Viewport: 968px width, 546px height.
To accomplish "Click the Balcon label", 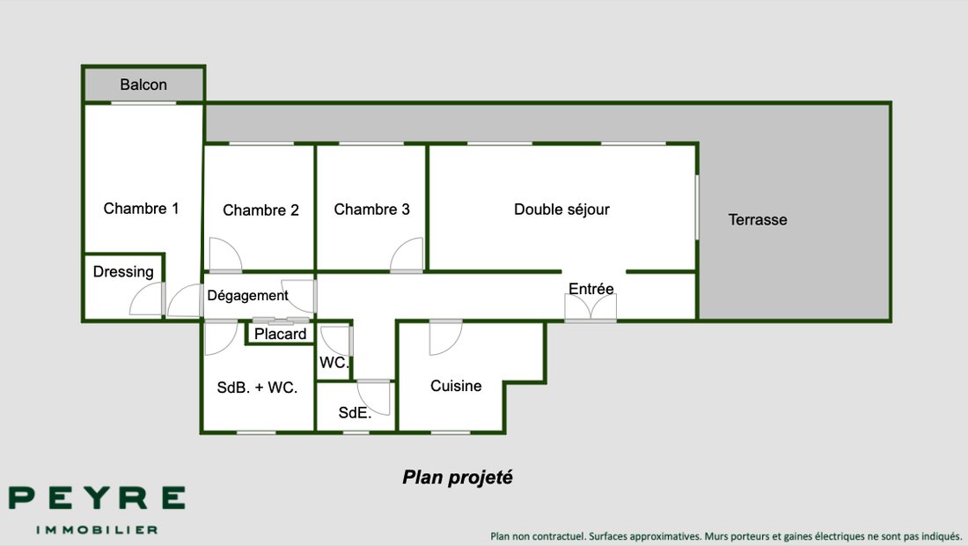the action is (143, 85).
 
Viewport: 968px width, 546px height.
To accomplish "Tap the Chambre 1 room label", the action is (141, 209).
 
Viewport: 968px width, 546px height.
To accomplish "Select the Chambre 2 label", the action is (260, 210).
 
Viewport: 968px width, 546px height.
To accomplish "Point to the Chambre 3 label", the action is (371, 210).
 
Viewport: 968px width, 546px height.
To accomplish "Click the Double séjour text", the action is (561, 210).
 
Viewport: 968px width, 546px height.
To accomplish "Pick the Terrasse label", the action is (758, 220).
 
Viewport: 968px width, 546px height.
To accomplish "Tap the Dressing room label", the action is (123, 272).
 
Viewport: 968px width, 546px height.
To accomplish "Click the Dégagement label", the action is (247, 296).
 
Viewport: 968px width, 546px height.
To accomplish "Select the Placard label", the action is (280, 334).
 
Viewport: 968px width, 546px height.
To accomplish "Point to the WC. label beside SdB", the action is (334, 363).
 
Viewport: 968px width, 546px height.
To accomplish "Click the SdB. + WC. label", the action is (257, 387).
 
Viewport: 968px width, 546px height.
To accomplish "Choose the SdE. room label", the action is (355, 413).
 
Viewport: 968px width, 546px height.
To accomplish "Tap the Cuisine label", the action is (456, 386).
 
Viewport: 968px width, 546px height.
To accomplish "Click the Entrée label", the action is (590, 289).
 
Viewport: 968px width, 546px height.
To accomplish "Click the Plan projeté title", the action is (458, 477).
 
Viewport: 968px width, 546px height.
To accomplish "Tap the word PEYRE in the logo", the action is (97, 498).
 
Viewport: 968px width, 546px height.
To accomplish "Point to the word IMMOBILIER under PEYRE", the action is (97, 530).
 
